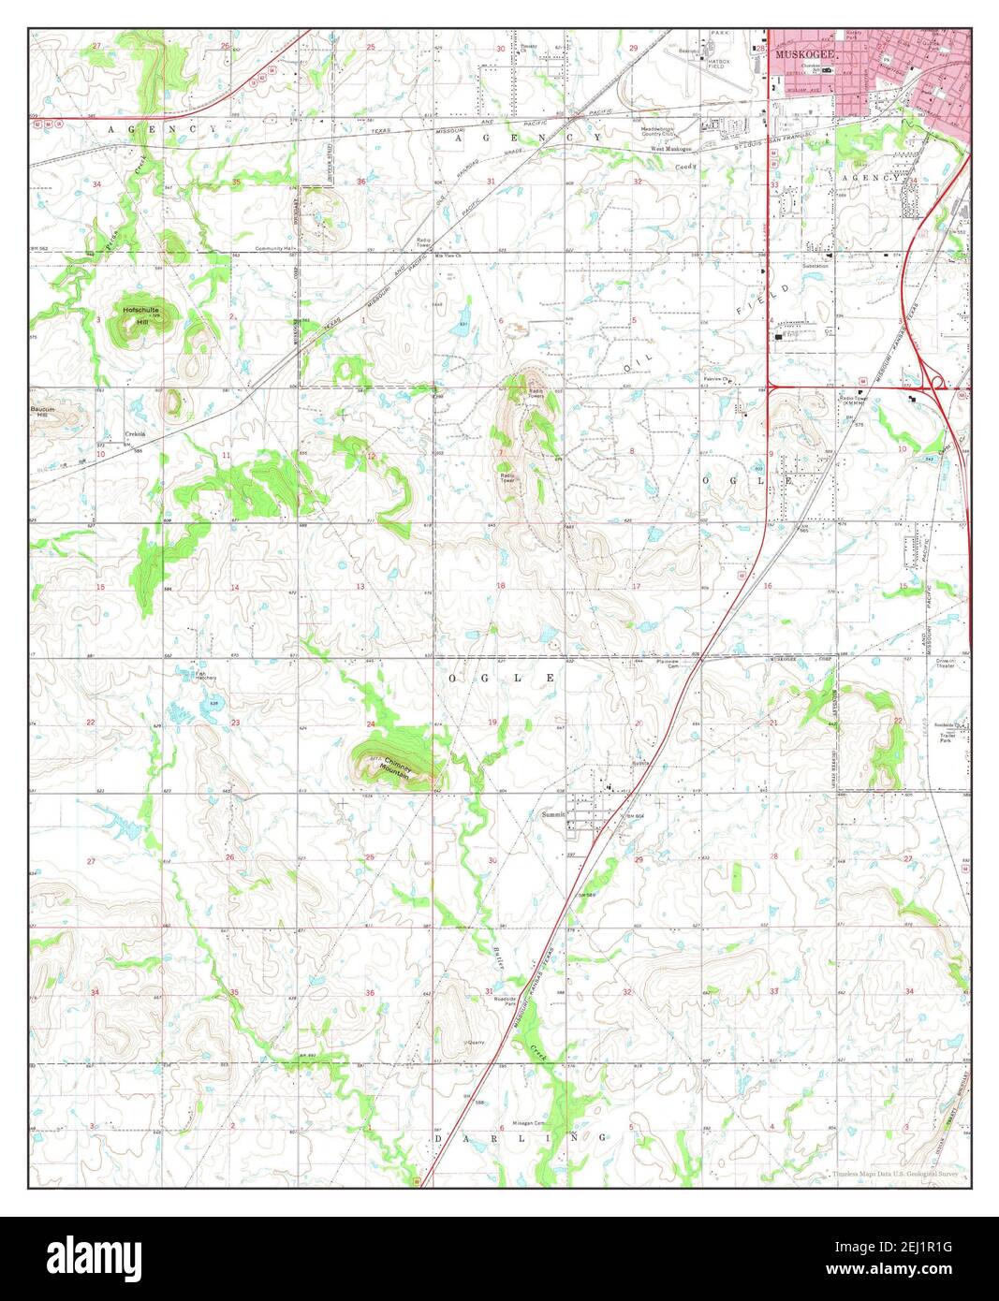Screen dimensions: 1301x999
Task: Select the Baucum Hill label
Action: pos(42,413)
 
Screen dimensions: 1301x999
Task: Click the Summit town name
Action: pos(553,814)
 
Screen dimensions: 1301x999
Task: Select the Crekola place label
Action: pos(138,434)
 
